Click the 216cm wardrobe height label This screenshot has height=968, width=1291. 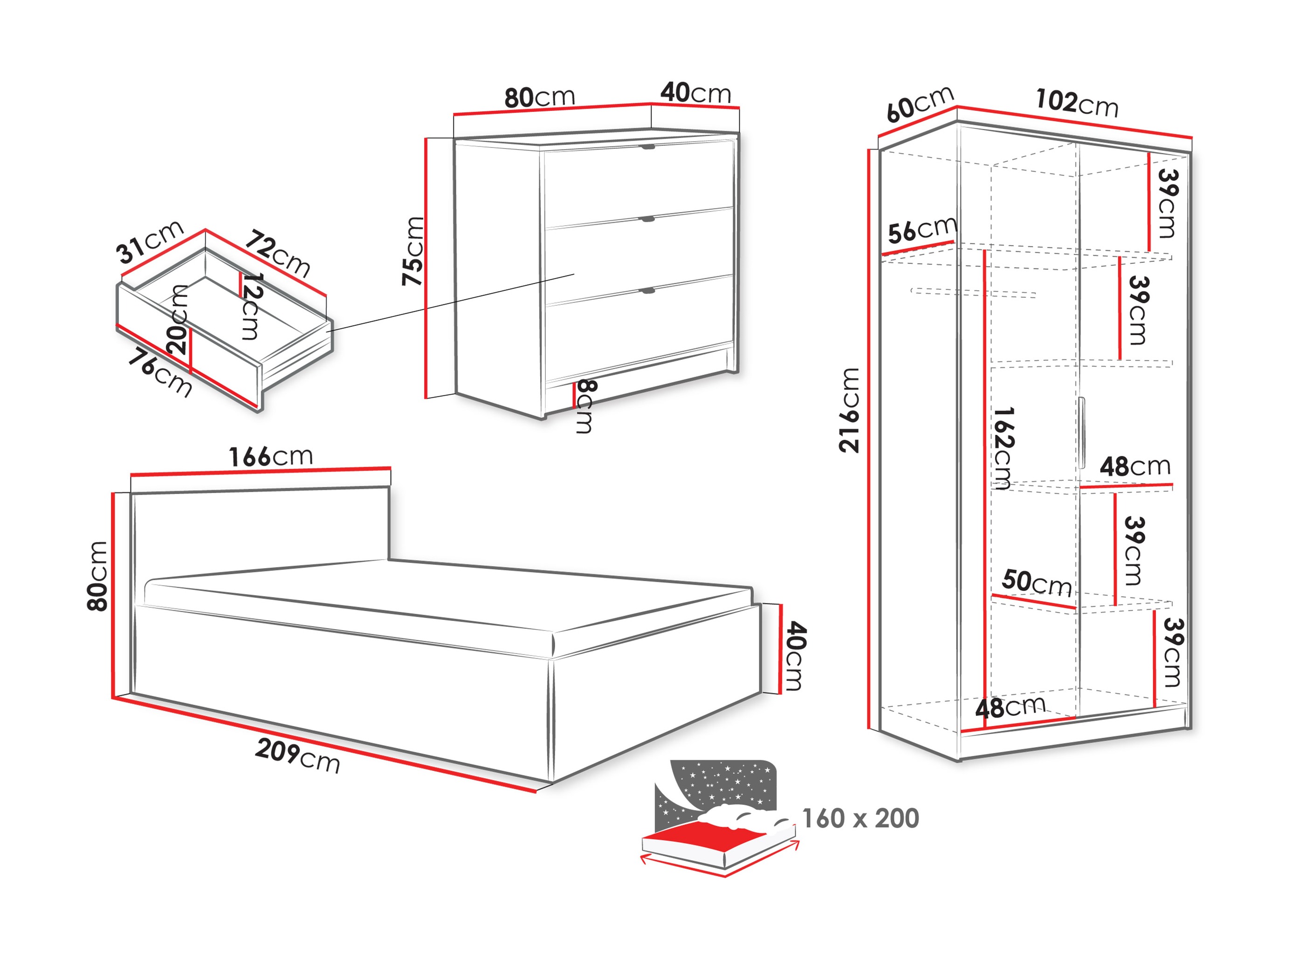point(849,410)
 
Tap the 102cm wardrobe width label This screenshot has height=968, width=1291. point(1077,103)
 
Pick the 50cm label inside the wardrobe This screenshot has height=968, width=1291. point(1037,582)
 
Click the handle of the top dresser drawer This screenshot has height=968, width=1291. point(648,147)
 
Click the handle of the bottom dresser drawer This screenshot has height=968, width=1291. point(647,290)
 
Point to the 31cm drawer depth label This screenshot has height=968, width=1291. point(150,241)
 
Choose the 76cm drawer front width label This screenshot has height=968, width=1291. point(160,372)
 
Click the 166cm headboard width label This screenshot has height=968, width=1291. point(270,456)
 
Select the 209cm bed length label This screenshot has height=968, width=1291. point(298,755)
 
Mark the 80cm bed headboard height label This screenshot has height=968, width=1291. point(97,576)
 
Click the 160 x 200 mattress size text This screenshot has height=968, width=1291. point(860,818)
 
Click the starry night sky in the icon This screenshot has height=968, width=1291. point(724,782)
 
